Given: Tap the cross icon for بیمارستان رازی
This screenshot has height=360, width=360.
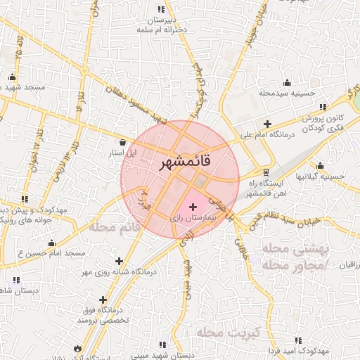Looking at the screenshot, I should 193,207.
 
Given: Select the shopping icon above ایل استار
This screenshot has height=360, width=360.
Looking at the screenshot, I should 124,141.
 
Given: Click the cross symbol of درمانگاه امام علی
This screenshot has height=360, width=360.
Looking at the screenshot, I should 268,124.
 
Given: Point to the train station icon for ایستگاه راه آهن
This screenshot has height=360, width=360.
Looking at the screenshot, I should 266,172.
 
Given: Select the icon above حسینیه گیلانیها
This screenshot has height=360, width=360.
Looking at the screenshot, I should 321,166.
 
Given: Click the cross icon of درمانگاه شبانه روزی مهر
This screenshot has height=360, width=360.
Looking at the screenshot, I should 119,261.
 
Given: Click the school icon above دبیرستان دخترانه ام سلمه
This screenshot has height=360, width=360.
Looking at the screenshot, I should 162,10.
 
